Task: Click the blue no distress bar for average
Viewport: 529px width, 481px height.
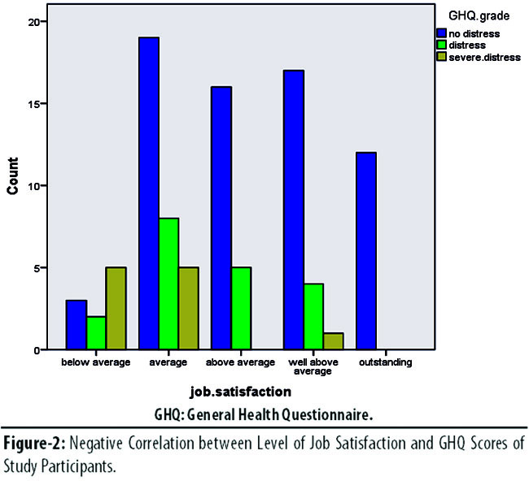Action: pyautogui.click(x=149, y=193)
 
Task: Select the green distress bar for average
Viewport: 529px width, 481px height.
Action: pyautogui.click(x=169, y=284)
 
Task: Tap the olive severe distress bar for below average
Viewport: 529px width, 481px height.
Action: pyautogui.click(x=117, y=308)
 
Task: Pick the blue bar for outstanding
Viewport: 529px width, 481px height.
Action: pyautogui.click(x=366, y=251)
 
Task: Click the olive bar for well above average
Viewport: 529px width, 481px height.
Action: pyautogui.click(x=334, y=341)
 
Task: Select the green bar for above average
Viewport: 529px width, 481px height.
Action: pyautogui.click(x=243, y=308)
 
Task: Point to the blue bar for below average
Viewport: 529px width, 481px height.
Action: pyautogui.click(x=77, y=325)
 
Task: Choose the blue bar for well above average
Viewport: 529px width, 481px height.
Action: pyautogui.click(x=293, y=210)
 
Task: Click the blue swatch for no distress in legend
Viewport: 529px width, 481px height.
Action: pyautogui.click(x=442, y=33)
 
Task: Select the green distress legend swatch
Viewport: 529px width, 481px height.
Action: pyautogui.click(x=442, y=45)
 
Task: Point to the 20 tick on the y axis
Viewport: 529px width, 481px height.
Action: pyautogui.click(x=38, y=21)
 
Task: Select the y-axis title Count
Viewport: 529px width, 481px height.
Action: pyautogui.click(x=14, y=175)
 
